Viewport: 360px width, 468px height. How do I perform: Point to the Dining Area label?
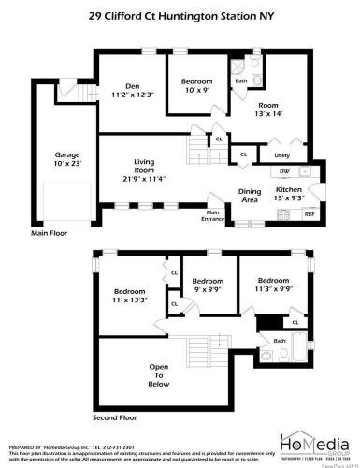(251, 195)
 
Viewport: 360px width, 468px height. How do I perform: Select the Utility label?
(281, 154)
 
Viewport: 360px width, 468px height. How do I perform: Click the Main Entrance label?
(212, 214)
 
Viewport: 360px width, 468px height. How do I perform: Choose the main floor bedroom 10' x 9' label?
(195, 86)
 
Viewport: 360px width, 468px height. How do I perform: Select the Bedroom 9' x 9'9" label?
(208, 285)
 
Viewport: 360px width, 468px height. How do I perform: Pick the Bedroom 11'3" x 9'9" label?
(272, 285)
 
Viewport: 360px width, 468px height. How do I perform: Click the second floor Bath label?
(279, 341)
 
